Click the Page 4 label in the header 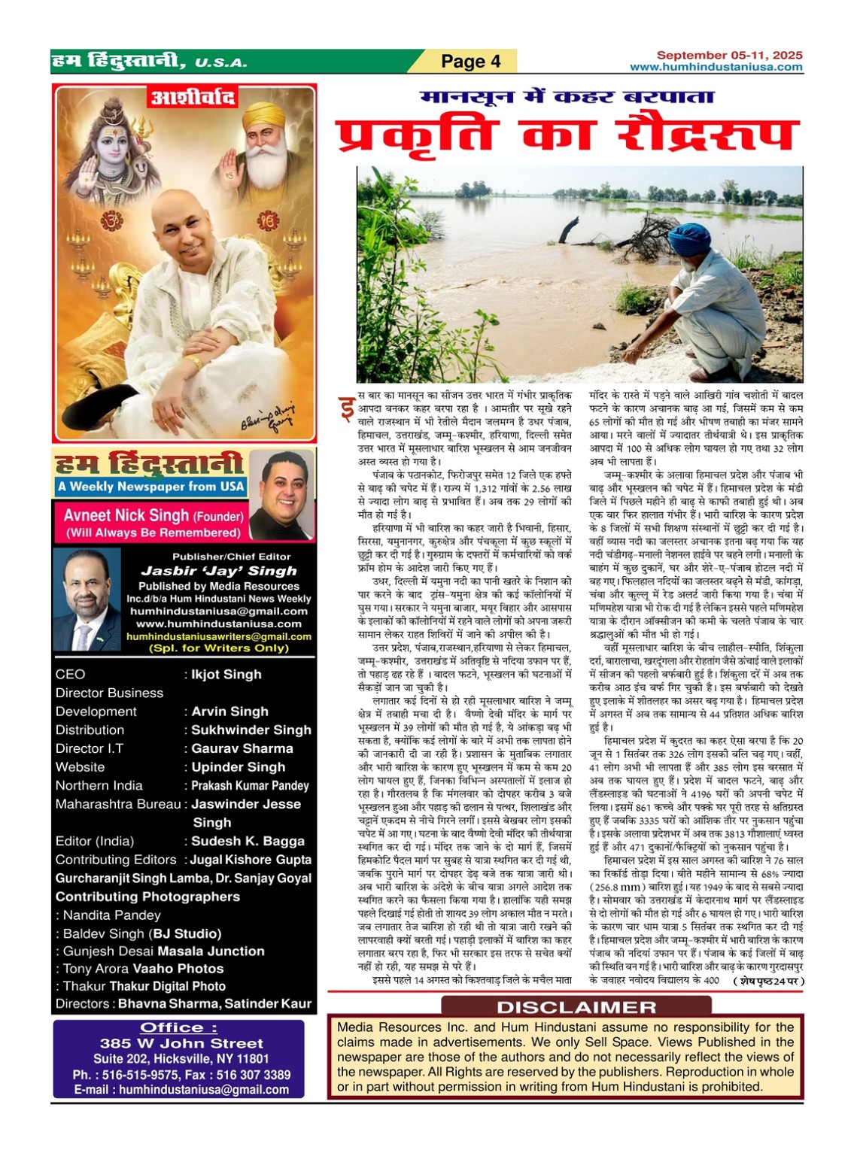[x=470, y=61]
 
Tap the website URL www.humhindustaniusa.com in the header [x=716, y=67]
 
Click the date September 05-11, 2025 [x=729, y=55]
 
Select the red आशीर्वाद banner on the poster [x=193, y=98]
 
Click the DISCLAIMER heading [x=576, y=1007]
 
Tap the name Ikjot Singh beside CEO [x=226, y=675]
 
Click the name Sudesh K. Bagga [x=248, y=841]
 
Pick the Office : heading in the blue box [x=178, y=1028]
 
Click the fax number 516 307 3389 [x=254, y=1075]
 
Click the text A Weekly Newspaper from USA [x=150, y=487]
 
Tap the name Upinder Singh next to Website [x=238, y=767]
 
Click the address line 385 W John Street [x=181, y=1044]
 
